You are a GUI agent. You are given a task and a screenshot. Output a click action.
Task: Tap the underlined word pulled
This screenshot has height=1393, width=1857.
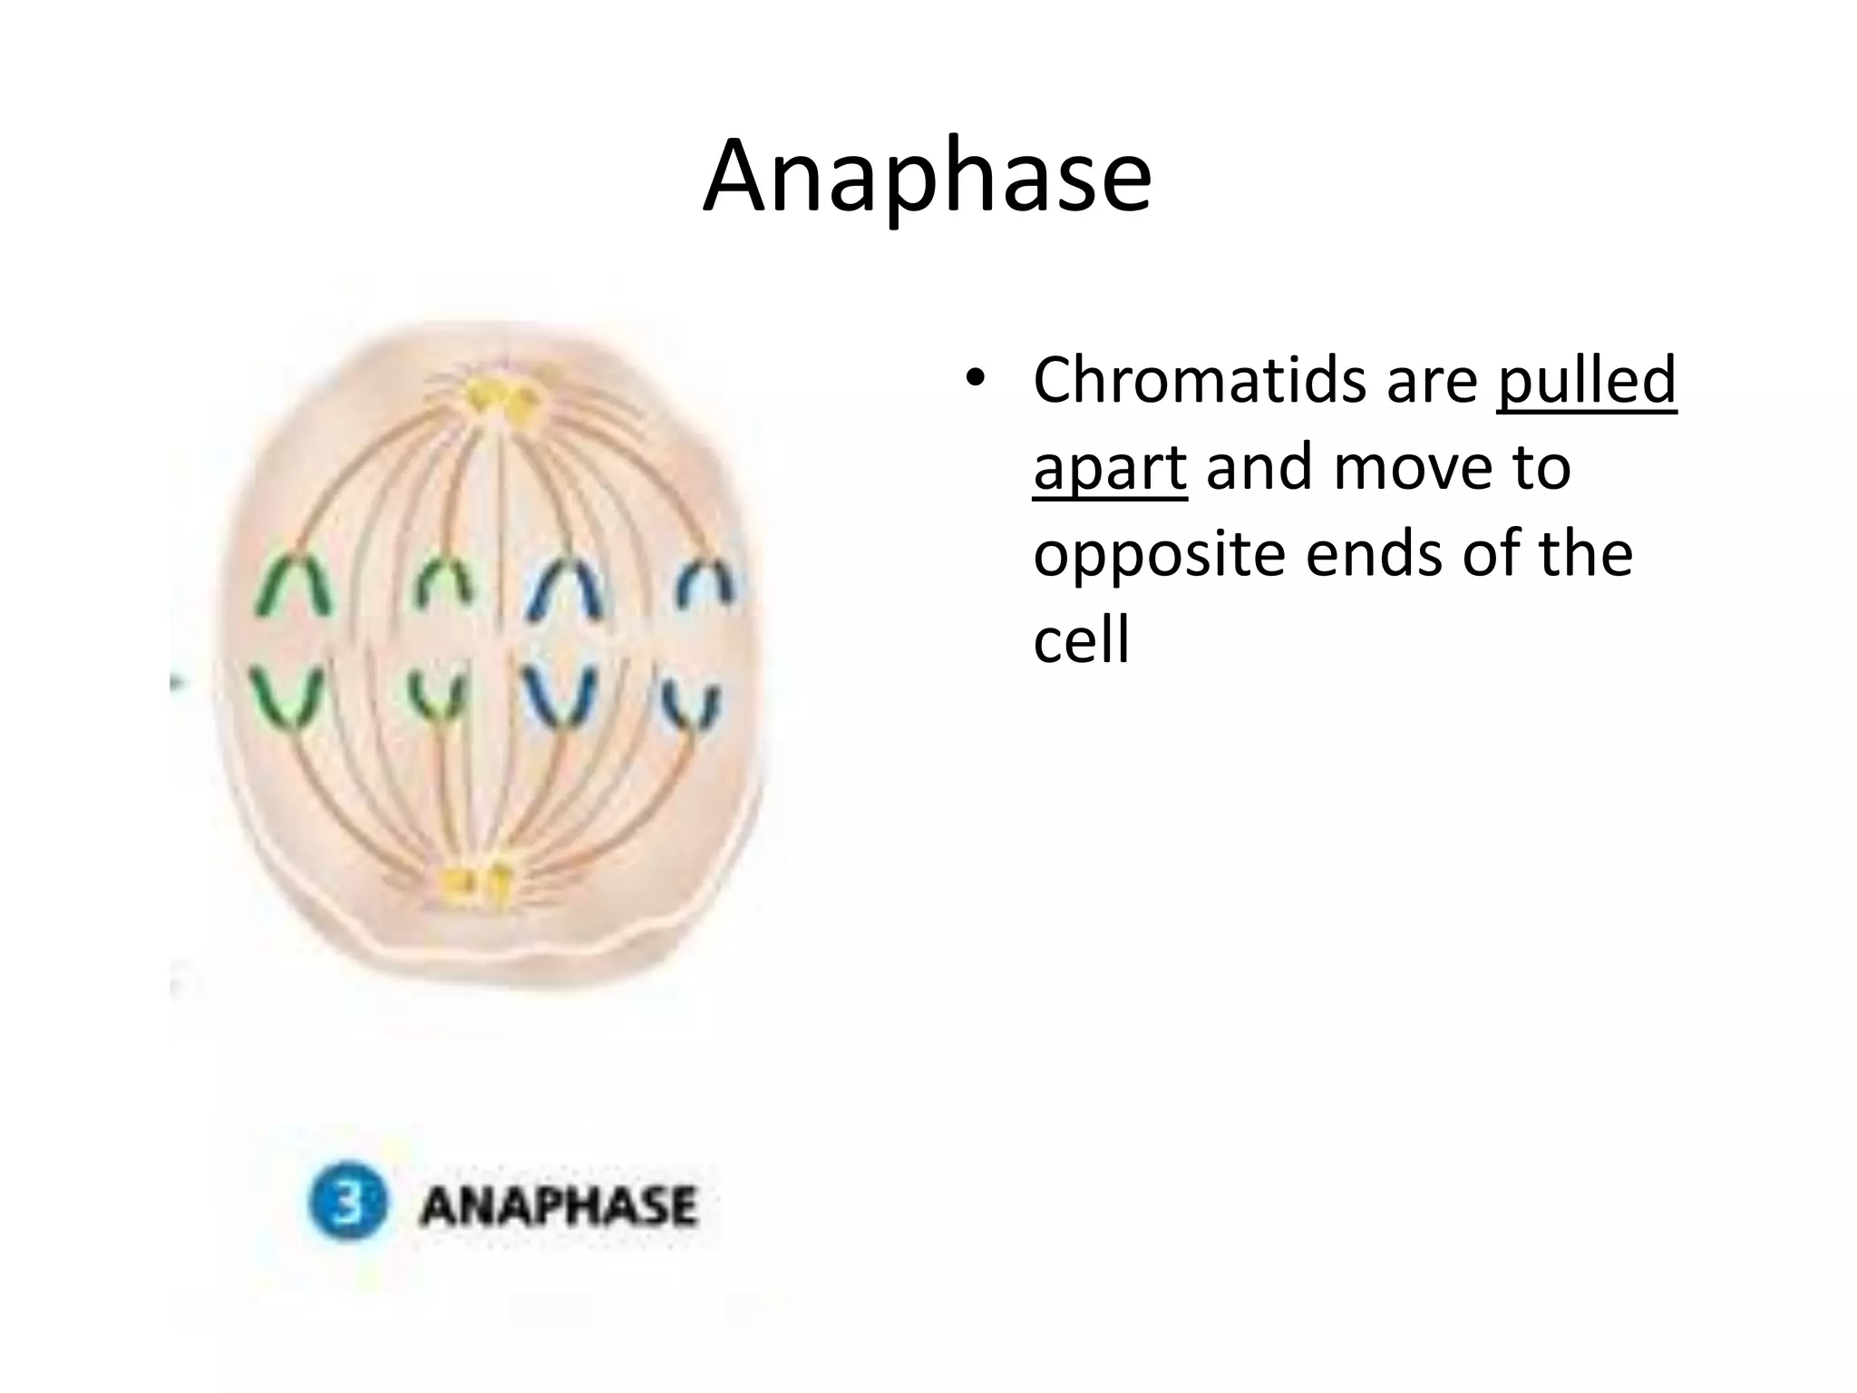(1585, 381)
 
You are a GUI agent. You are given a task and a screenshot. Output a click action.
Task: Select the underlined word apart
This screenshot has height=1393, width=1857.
(1109, 468)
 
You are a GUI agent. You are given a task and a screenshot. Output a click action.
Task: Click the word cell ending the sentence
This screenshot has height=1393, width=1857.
(1081, 641)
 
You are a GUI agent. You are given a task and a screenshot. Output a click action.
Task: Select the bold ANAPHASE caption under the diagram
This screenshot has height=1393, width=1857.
(558, 1205)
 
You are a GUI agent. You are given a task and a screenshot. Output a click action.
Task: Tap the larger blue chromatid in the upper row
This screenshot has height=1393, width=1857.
(569, 589)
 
